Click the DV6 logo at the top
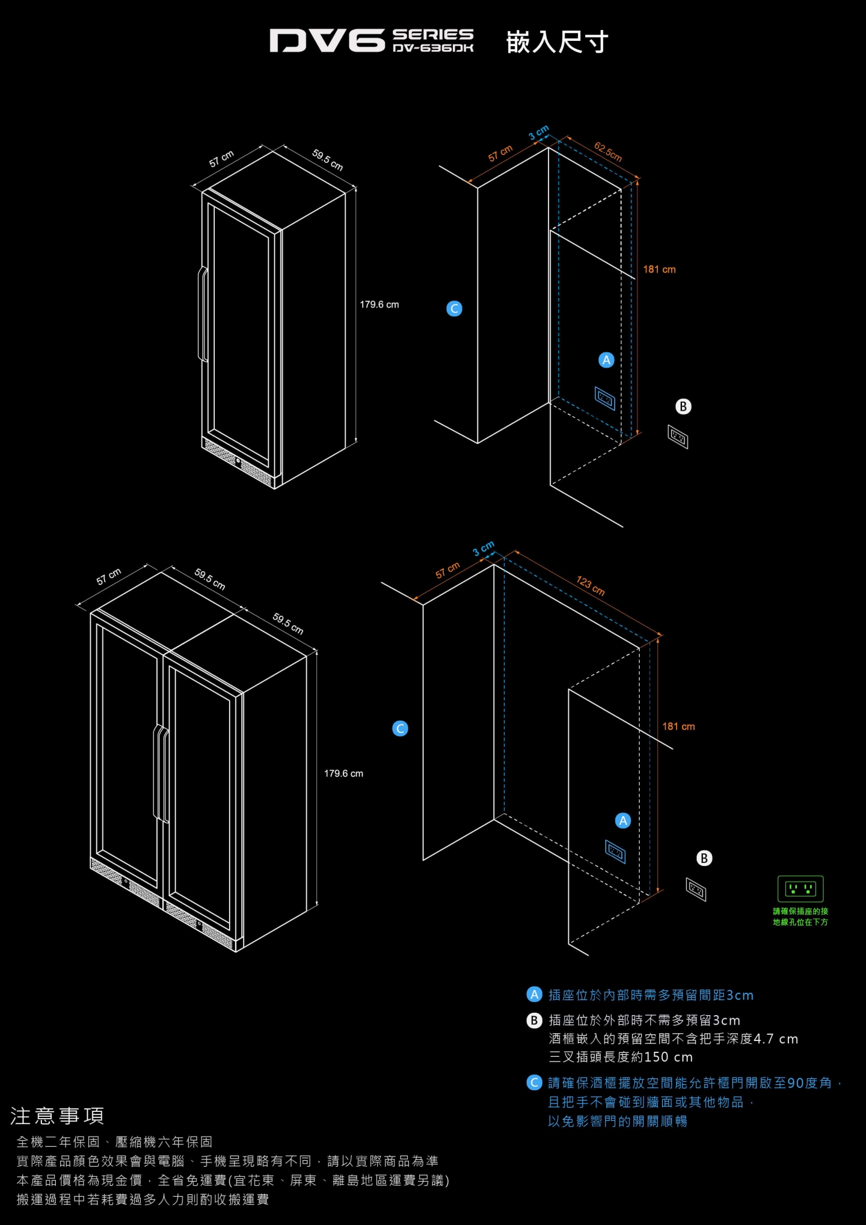pos(327,40)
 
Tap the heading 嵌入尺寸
pos(557,42)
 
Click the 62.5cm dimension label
pos(607,152)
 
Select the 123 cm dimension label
pos(590,586)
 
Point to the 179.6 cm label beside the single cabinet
pos(379,305)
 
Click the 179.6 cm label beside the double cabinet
pos(343,773)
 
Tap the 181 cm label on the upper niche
pos(659,269)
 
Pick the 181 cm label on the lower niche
pos(678,726)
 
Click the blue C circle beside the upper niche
pos(454,309)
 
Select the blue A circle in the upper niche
pos(606,360)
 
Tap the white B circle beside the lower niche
pos(704,858)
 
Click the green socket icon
pos(800,889)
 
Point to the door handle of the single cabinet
pos(203,315)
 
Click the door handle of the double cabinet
pos(161,774)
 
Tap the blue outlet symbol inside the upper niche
pos(604,398)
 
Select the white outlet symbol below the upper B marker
pos(678,437)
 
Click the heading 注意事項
pos(57,1116)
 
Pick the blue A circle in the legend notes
pos(534,994)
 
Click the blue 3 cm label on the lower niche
pos(483,548)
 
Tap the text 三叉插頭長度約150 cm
pos(621,1057)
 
